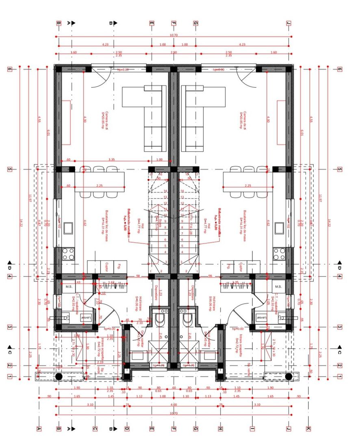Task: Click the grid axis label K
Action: [309, 428]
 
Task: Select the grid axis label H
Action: [220, 428]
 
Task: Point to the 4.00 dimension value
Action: [173, 404]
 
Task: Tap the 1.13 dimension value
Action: [208, 396]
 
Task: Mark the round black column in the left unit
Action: [59, 376]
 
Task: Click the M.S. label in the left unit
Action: [68, 287]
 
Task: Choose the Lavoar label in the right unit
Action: [261, 317]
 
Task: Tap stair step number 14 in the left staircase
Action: [165, 191]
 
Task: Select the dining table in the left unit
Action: [99, 182]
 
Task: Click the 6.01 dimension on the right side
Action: [301, 132]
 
